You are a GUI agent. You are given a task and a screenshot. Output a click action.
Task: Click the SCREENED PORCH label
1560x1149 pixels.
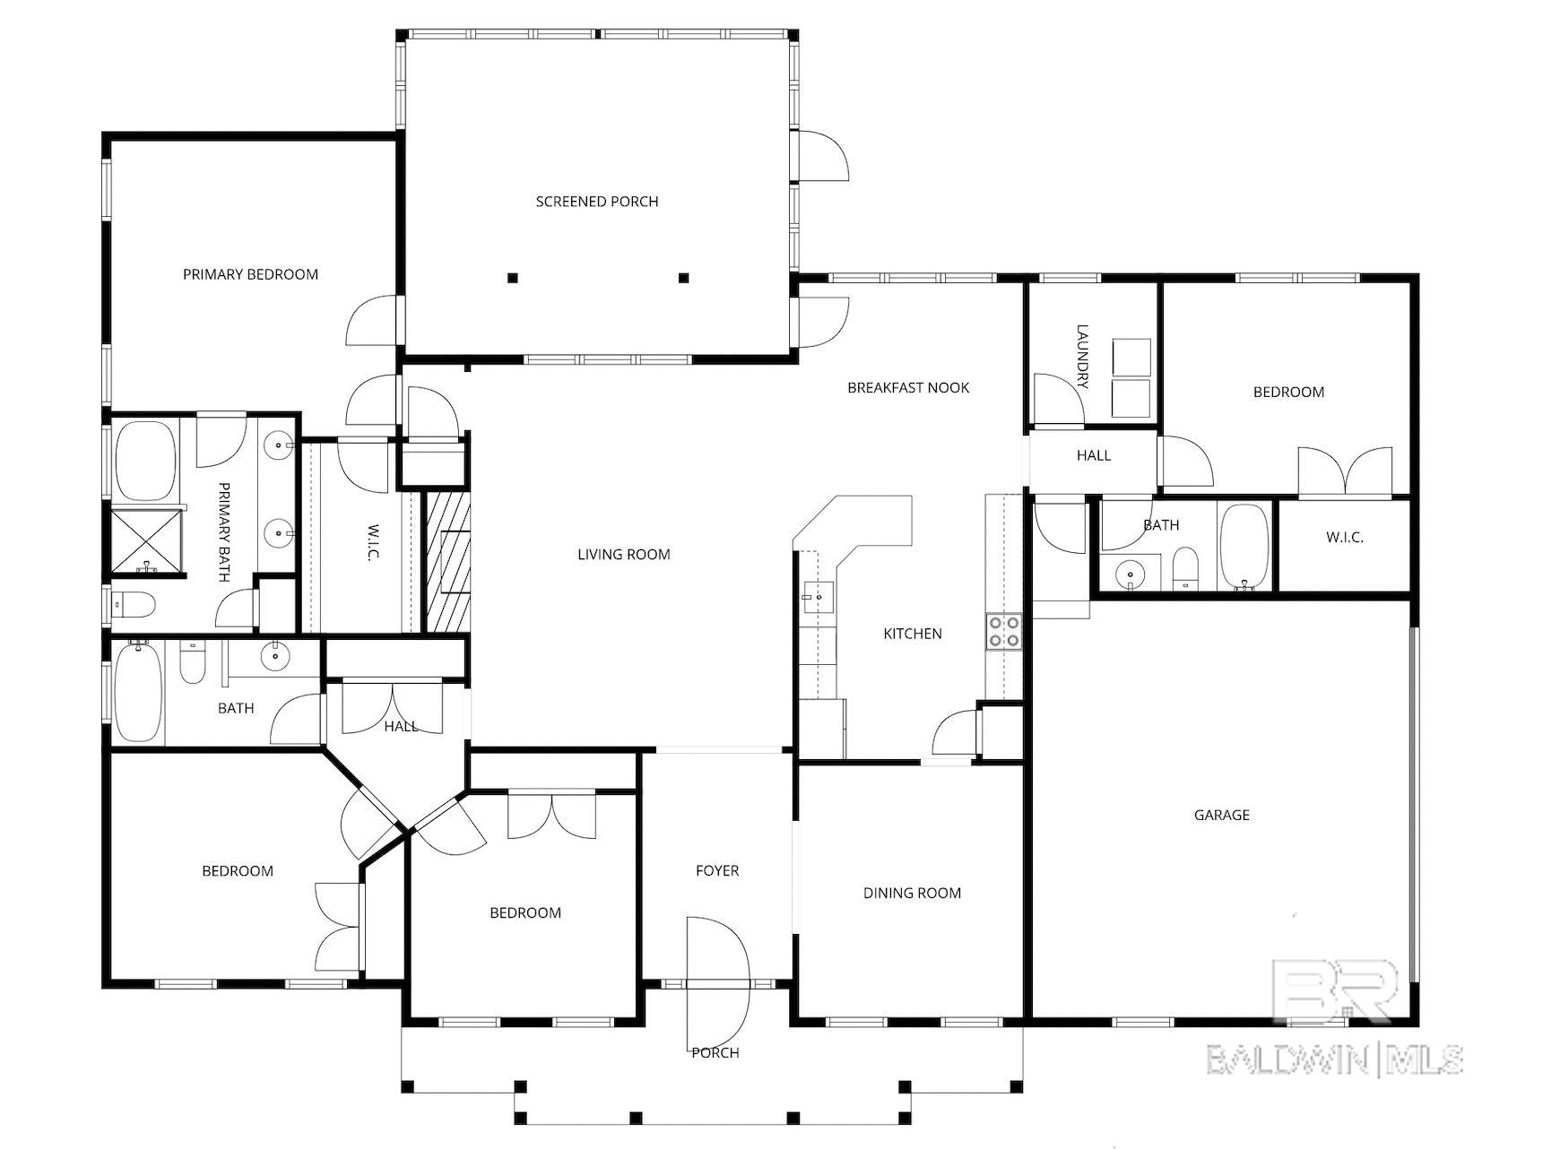(597, 202)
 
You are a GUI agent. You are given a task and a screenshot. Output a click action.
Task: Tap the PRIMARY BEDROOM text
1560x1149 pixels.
(250, 274)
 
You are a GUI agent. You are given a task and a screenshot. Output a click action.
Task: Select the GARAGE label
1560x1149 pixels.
(1221, 815)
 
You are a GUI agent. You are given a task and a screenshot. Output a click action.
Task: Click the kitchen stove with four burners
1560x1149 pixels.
(1003, 631)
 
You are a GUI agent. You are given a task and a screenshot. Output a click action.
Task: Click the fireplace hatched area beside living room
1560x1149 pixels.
(446, 561)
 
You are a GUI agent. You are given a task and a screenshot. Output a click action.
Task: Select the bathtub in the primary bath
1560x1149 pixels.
(146, 461)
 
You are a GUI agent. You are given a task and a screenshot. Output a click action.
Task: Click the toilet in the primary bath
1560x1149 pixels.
(134, 605)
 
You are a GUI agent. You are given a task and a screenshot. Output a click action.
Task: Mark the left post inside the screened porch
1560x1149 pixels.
(512, 278)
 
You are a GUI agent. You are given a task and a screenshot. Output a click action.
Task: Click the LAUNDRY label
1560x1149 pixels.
(1082, 356)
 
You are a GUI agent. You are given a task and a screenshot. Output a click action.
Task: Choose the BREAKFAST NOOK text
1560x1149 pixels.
(908, 387)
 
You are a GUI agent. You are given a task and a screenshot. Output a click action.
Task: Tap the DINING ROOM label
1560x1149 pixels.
(912, 893)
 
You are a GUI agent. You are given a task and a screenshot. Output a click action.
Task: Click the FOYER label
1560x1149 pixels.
(717, 870)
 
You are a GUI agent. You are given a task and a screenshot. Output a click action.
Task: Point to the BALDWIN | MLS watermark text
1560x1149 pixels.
(1335, 1059)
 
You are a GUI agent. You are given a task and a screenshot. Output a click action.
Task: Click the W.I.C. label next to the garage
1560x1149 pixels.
(1344, 537)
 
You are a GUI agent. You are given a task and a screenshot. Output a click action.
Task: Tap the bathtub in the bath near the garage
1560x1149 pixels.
(1244, 546)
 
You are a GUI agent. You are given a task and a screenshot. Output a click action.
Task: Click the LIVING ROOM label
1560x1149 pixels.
(623, 554)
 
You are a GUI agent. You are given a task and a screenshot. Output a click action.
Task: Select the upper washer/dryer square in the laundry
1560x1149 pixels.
(1131, 357)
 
